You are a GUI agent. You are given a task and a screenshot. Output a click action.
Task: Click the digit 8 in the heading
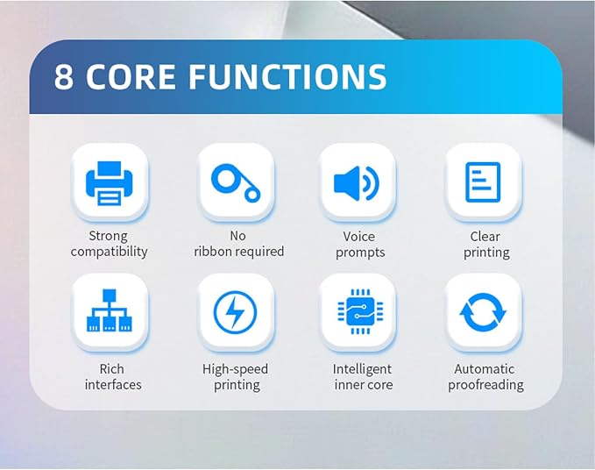coord(64,76)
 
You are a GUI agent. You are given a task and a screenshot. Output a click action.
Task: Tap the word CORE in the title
coord(131,76)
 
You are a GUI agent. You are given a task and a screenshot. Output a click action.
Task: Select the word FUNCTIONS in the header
coord(287,76)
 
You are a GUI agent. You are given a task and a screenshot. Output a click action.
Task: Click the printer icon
coord(110,183)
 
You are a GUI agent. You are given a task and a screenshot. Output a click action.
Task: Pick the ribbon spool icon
coord(236,182)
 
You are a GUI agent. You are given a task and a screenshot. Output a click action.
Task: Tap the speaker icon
coord(357,183)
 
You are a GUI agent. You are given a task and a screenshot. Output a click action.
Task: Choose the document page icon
coord(483,182)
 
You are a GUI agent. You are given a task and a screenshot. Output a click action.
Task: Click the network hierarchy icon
coord(110,310)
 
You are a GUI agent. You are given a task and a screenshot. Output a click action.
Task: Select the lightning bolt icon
coord(235,312)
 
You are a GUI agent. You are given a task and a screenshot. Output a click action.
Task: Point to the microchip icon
coord(360,311)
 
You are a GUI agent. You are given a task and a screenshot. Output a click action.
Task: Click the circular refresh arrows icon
coord(483,312)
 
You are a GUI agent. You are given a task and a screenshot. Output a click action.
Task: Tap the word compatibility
coord(109,252)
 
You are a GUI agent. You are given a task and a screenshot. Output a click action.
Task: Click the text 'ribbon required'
coord(238,252)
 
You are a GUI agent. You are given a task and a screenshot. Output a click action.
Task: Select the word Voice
coord(359,237)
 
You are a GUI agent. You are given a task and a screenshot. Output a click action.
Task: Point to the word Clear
coord(485,237)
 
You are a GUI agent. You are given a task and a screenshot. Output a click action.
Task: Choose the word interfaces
coord(113,385)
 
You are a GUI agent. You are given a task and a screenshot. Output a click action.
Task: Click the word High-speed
coord(235,369)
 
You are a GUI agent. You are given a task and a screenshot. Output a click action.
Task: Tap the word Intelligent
coord(362,369)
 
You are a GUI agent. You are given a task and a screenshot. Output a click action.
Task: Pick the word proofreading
coord(485,385)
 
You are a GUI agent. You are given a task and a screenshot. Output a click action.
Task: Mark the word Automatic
coord(485,369)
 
